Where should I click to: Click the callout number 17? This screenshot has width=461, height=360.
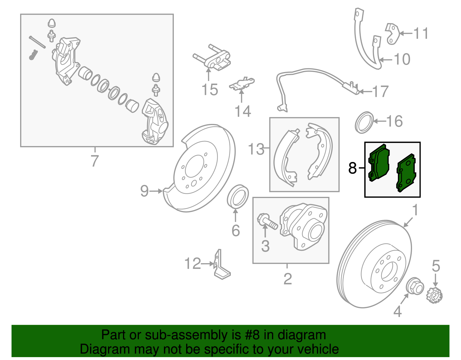(x=381, y=92)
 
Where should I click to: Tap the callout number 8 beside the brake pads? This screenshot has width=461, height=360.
(x=352, y=168)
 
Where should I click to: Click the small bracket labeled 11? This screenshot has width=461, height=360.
(x=392, y=34)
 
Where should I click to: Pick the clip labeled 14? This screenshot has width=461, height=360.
(x=242, y=84)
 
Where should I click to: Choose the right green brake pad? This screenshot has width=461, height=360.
(x=406, y=173)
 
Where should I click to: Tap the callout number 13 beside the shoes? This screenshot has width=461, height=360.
(x=256, y=149)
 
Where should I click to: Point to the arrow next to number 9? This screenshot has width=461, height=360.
(x=157, y=191)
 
